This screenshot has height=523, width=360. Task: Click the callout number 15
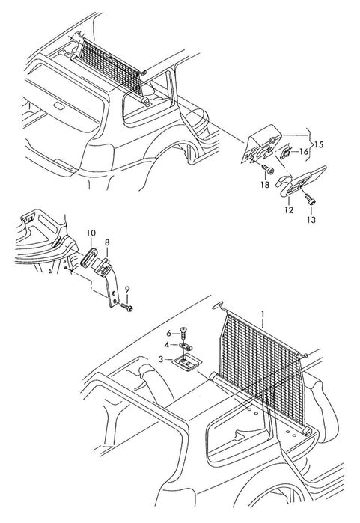[319, 144]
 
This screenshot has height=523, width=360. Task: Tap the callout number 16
[304, 152]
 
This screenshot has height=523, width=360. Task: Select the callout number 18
[265, 185]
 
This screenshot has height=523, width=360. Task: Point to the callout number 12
[289, 210]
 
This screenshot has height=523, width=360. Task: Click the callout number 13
[311, 219]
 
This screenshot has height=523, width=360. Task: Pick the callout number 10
[91, 233]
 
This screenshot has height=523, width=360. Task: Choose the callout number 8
[107, 242]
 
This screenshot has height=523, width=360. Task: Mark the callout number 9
[126, 290]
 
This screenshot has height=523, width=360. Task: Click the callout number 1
[263, 314]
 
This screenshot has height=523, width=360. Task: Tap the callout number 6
[169, 333]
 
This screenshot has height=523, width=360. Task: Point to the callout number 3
[161, 359]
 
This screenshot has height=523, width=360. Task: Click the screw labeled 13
[311, 199]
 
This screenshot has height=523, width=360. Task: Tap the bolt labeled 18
[268, 169]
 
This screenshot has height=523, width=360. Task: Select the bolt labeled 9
[126, 307]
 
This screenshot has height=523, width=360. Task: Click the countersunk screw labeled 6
[184, 333]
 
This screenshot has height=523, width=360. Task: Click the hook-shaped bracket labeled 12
[300, 182]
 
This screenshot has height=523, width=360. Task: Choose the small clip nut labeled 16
[285, 153]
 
